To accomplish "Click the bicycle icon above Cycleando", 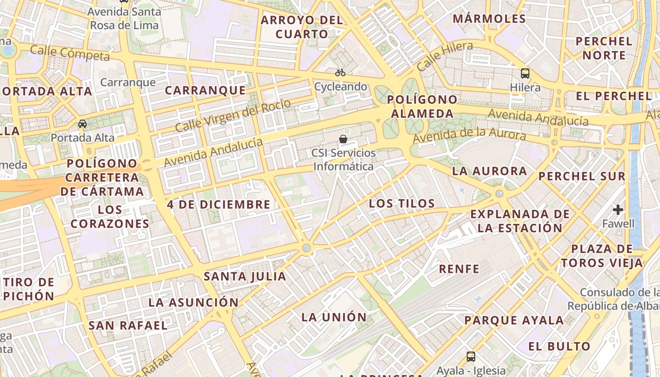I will click(x=340, y=73).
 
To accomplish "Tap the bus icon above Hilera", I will click(x=525, y=74).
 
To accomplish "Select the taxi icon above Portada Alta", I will click(x=82, y=124).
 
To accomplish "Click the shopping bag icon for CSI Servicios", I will click(x=343, y=139).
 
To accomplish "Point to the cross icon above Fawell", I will click(x=618, y=210).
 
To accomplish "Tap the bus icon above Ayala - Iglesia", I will click(x=470, y=356).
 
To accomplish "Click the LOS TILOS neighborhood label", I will click(x=402, y=204).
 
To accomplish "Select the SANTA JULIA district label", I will click(x=245, y=277).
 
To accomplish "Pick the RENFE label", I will click(x=459, y=269).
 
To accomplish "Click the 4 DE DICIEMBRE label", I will click(x=219, y=205).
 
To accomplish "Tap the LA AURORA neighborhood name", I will click(x=489, y=171).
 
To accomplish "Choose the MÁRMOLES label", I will click(x=489, y=19).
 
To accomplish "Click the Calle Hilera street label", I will click(x=445, y=56).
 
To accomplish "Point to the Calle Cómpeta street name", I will click(x=70, y=53).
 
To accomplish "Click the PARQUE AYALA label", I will click(x=514, y=320).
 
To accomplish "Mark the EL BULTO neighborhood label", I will click(x=559, y=346).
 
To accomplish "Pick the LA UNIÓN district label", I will click(x=334, y=317).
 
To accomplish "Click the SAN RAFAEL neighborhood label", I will click(x=128, y=325).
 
